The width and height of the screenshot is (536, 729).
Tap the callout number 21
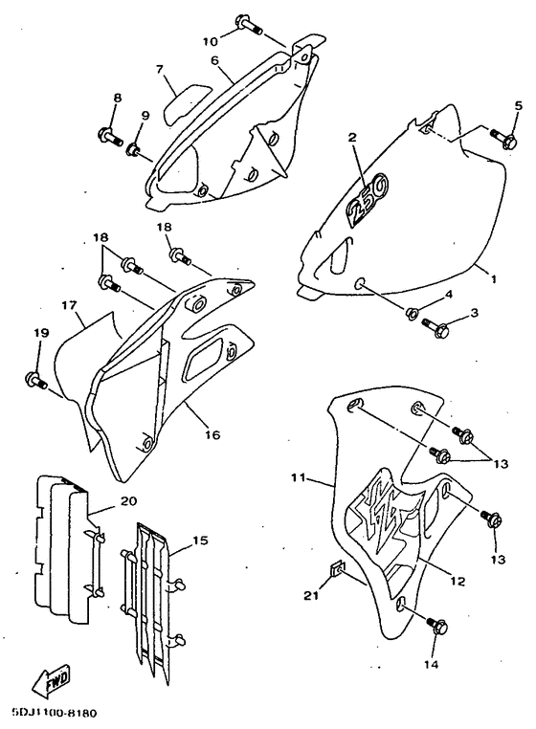311,595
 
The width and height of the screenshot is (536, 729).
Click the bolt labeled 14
436,626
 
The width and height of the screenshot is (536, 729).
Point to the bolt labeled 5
502,138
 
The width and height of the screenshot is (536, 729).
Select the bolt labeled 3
435,327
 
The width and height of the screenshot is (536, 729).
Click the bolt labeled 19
35,380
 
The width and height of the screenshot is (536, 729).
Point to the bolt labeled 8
110,136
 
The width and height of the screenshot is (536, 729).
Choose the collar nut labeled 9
134,149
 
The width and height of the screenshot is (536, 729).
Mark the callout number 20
128,501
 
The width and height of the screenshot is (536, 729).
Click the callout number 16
212,435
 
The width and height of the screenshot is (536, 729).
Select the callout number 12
458,581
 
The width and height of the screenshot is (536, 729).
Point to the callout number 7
160,70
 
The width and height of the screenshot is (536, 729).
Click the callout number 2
352,137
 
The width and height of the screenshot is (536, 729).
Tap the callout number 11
299,477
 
